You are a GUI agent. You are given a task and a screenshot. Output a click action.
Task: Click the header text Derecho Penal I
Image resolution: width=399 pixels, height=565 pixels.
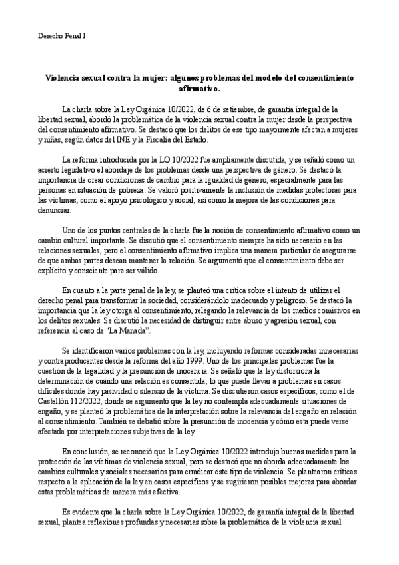(x=61, y=35)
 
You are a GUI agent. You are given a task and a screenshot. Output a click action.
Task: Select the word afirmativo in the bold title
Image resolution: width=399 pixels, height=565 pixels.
(x=199, y=87)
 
